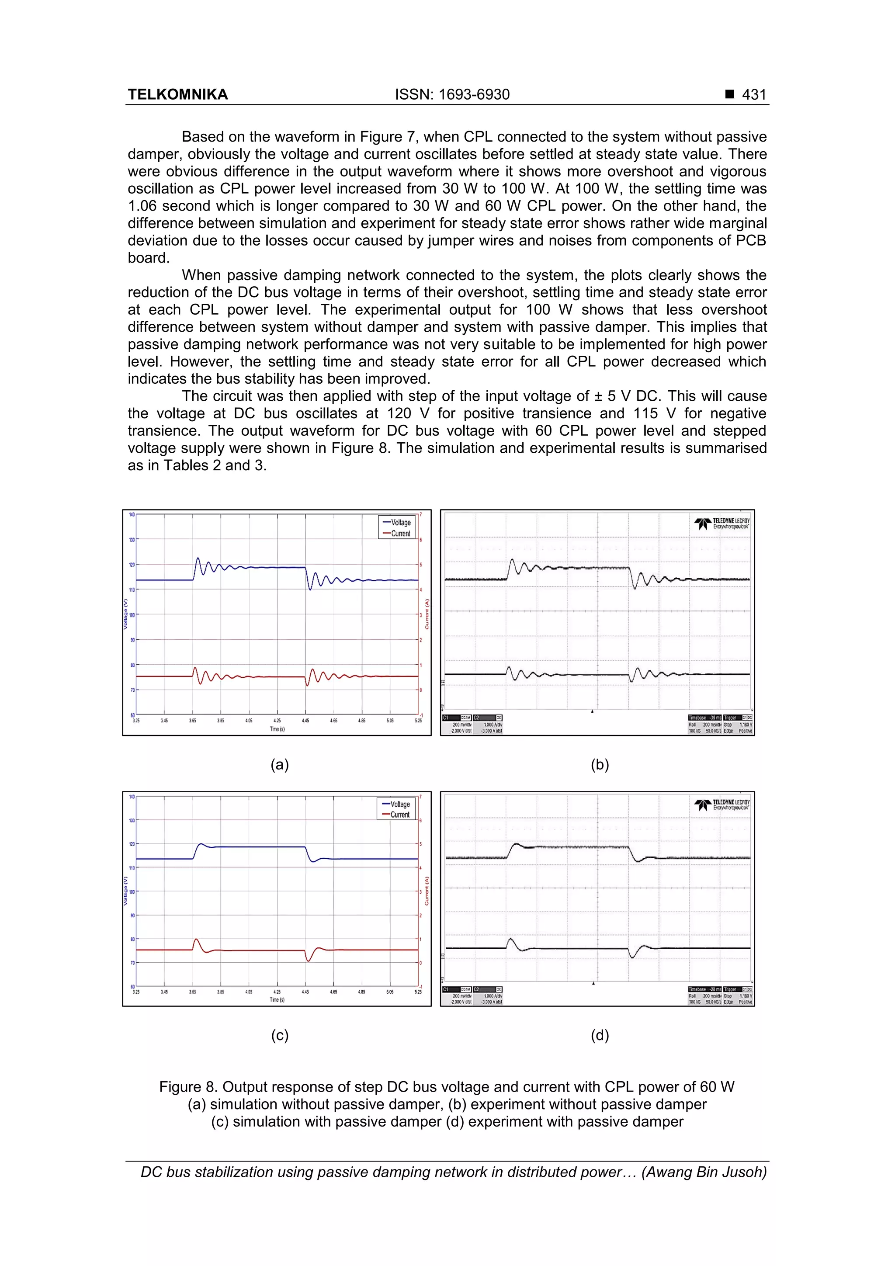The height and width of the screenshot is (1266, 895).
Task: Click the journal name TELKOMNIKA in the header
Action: click(x=177, y=94)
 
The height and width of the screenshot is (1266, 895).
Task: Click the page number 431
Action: click(x=754, y=94)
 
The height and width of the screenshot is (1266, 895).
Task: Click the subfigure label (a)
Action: click(x=280, y=764)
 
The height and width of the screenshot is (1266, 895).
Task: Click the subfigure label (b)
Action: click(x=600, y=764)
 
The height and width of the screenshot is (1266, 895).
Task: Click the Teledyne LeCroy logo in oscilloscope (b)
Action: click(x=722, y=523)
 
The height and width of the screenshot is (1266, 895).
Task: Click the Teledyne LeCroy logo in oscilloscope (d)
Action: click(x=722, y=805)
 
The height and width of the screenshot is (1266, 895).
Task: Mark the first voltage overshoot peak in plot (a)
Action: click(x=198, y=558)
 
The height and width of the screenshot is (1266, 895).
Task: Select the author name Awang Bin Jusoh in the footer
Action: click(x=704, y=1172)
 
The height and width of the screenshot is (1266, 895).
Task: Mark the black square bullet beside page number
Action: click(x=729, y=94)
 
